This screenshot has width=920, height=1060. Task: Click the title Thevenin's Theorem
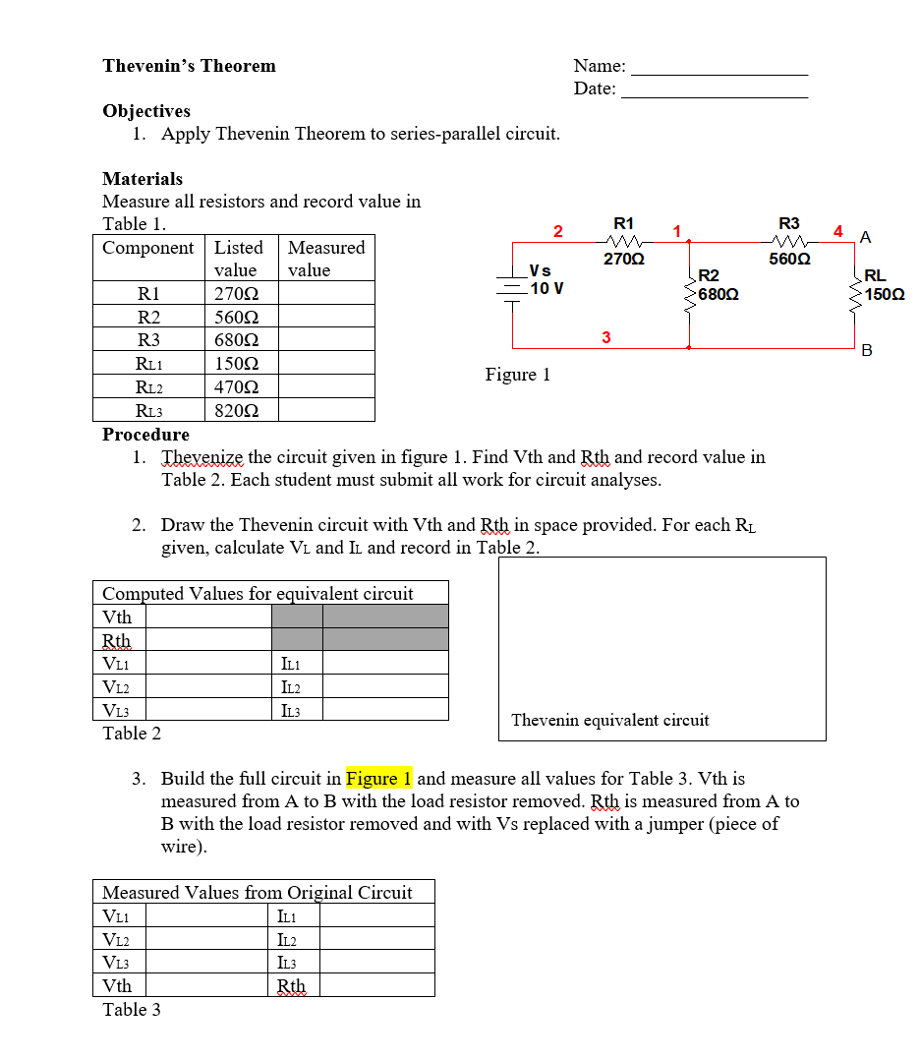pos(189,66)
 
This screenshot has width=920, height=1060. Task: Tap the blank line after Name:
pos(719,69)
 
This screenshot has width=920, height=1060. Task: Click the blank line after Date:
pos(715,90)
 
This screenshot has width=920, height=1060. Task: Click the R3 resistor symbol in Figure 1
pos(789,241)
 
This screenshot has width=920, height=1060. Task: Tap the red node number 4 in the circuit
pos(837,232)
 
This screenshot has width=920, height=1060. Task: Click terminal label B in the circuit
pos(866,350)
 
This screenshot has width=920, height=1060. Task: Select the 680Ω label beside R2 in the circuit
pos(719,294)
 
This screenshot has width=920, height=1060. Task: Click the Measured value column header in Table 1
pos(326,259)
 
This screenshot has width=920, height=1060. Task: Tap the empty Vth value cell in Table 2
pos(208,617)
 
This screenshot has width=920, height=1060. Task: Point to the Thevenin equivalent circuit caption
pos(609,720)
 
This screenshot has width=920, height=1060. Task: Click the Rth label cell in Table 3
pos(292,985)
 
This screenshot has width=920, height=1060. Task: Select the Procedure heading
pos(145,435)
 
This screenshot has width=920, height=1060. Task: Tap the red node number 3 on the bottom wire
pos(605,337)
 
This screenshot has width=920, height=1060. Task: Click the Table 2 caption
pos(132,734)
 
